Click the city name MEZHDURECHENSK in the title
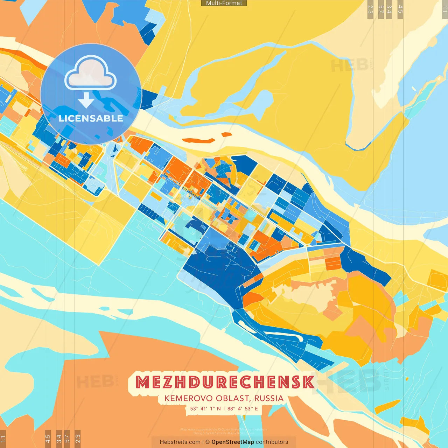[225, 382]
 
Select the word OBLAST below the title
[232, 398]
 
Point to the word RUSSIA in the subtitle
[269, 398]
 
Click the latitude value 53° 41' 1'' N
[205, 408]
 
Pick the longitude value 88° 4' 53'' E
[243, 408]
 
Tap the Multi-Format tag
[224, 3]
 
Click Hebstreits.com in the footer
[180, 442]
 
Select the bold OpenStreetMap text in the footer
[233, 442]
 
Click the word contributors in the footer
[272, 442]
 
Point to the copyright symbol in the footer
[208, 442]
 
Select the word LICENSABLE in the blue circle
[91, 118]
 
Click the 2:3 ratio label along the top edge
[370, 9]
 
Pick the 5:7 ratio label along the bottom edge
[67, 438]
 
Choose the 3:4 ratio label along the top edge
[389, 9]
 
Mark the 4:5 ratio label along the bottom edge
[48, 438]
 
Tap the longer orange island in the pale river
[198, 140]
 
